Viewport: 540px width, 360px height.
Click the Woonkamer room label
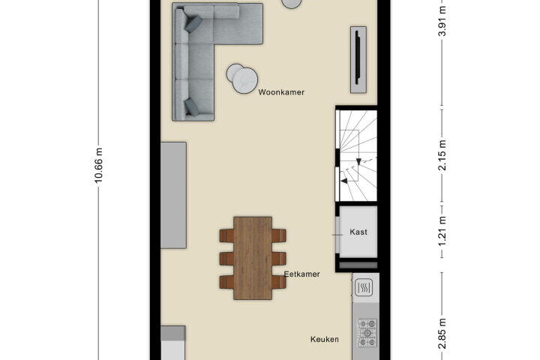[x=281, y=92]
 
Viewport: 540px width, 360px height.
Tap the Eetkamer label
[x=302, y=274]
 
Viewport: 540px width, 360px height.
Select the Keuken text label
[x=325, y=339]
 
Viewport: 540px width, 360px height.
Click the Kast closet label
[x=358, y=232]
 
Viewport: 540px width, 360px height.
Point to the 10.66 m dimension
[x=98, y=165]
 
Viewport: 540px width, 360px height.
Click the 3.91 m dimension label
[x=442, y=21]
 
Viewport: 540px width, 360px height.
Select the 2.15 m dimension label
[x=442, y=155]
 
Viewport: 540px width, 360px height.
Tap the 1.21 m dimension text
[x=442, y=231]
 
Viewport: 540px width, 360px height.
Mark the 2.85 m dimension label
[x=442, y=334]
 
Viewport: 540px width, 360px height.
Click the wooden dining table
[x=253, y=258]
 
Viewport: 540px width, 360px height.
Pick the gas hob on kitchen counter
[x=367, y=333]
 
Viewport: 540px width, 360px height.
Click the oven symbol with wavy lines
[x=364, y=287]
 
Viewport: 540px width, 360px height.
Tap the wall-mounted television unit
[x=358, y=59]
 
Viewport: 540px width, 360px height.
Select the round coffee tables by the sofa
[x=242, y=79]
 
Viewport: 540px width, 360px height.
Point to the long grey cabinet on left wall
[x=173, y=195]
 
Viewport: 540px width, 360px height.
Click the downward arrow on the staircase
[x=358, y=161]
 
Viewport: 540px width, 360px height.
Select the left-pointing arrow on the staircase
[x=343, y=181]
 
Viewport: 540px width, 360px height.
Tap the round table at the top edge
[x=292, y=4]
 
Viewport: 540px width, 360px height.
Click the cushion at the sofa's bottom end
[x=192, y=106]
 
